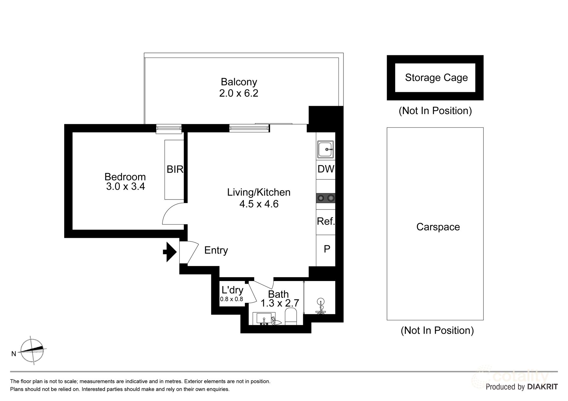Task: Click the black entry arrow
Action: pos(170,252)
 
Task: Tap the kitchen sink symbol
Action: pos(326,150)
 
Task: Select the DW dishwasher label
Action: pos(326,169)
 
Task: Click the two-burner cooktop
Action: pos(326,198)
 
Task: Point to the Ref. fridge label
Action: pos(326,221)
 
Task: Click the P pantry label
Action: pos(327,249)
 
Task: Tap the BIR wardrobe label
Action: pos(175,169)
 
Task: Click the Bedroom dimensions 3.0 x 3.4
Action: pos(125,187)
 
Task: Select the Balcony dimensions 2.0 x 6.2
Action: pos(238,93)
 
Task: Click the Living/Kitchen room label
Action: pos(259,192)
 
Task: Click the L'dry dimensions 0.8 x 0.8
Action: pos(231,299)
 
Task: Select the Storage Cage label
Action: pos(436,78)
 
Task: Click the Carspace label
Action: pos(438,227)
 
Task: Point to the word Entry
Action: pos(216,250)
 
